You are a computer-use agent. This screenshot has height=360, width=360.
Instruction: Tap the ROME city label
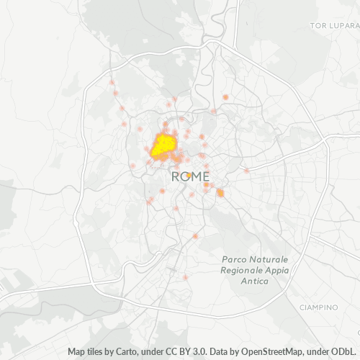pyautogui.click(x=190, y=176)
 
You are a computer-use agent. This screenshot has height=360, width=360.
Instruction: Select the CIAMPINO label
pyautogui.click(x=318, y=307)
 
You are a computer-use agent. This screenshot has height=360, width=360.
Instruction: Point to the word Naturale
pyautogui.click(x=270, y=259)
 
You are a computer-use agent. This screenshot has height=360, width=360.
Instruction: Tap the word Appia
pyautogui.click(x=277, y=270)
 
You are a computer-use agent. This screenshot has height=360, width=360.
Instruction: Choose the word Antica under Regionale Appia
pyautogui.click(x=254, y=281)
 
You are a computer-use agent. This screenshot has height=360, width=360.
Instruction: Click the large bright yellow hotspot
pyautogui.click(x=164, y=145)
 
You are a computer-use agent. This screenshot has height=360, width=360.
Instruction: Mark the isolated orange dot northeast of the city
pyautogui.click(x=225, y=96)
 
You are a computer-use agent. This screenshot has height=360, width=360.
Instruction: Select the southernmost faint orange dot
pyautogui.click(x=185, y=276)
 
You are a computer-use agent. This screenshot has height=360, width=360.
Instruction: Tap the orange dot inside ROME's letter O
pyautogui.click(x=188, y=175)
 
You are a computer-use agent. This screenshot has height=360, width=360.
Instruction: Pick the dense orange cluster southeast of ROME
pyautogui.click(x=220, y=192)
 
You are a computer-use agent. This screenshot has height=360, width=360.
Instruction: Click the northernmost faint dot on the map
pyautogui.click(x=112, y=83)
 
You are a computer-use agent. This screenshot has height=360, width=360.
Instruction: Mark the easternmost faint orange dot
pyautogui.click(x=246, y=170)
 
